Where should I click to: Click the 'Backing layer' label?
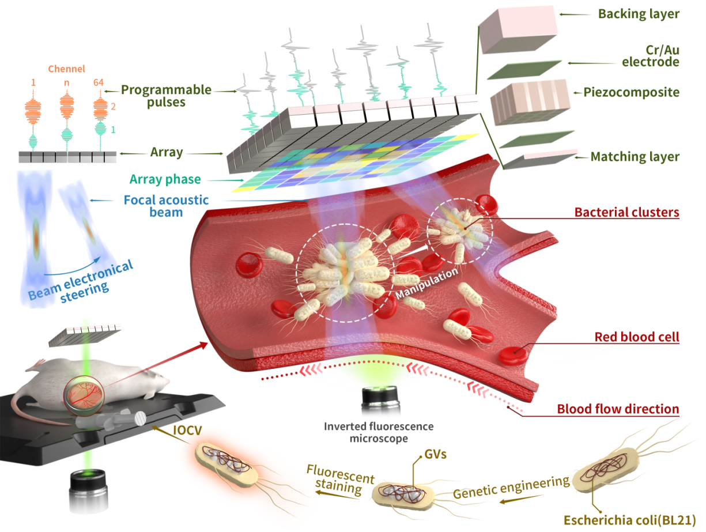(x=637, y=13)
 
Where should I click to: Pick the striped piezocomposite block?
(x=530, y=103)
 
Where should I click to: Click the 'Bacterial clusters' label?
(x=627, y=212)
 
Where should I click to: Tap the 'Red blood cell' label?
(x=637, y=337)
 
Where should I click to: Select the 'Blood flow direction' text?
(x=618, y=409)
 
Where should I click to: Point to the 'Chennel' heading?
(x=66, y=69)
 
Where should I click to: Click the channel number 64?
(x=100, y=83)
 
